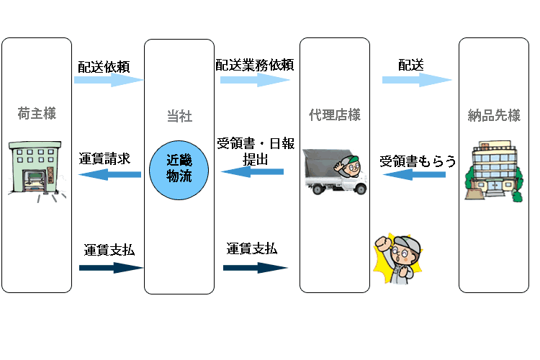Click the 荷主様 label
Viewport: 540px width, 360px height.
click(x=36, y=114)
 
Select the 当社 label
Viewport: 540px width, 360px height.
click(x=179, y=116)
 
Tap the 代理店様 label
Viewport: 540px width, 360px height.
click(x=335, y=114)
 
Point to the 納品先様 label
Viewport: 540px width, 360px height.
click(x=495, y=114)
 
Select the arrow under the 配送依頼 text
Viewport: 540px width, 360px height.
click(x=109, y=81)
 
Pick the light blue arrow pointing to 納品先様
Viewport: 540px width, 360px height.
click(x=417, y=80)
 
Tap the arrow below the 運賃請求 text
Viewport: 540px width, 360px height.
click(x=109, y=174)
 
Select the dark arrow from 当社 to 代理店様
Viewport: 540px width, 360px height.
click(x=256, y=267)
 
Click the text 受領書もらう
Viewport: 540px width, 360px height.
click(x=418, y=161)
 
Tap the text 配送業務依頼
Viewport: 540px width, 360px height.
click(x=254, y=63)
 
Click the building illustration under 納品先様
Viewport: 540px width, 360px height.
click(x=492, y=174)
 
